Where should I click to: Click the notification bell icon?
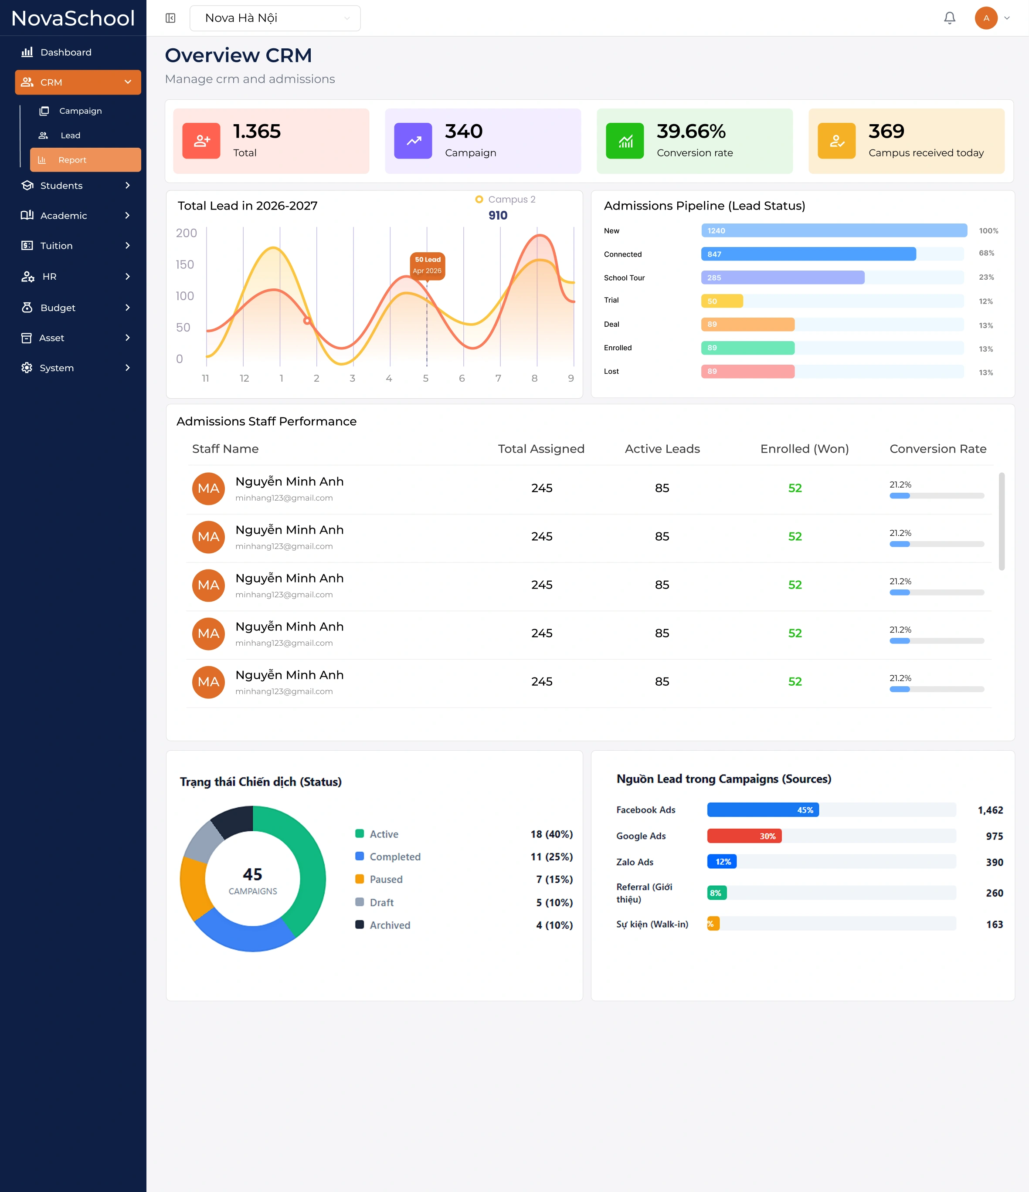point(950,18)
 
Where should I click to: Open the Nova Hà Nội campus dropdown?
point(275,18)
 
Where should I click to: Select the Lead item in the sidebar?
point(70,135)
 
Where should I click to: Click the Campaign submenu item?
point(80,111)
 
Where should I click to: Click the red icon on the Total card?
point(201,140)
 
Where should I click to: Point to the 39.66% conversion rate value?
point(691,131)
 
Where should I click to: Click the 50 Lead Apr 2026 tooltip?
point(428,265)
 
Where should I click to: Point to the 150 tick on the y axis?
point(185,264)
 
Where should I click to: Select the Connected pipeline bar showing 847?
point(808,254)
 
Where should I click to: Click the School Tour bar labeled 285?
point(783,277)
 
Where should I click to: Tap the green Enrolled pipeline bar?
point(747,348)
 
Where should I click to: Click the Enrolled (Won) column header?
point(805,449)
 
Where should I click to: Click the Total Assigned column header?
point(541,449)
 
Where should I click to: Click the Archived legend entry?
point(383,925)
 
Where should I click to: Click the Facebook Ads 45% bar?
point(763,810)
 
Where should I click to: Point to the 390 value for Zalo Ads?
point(995,862)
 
